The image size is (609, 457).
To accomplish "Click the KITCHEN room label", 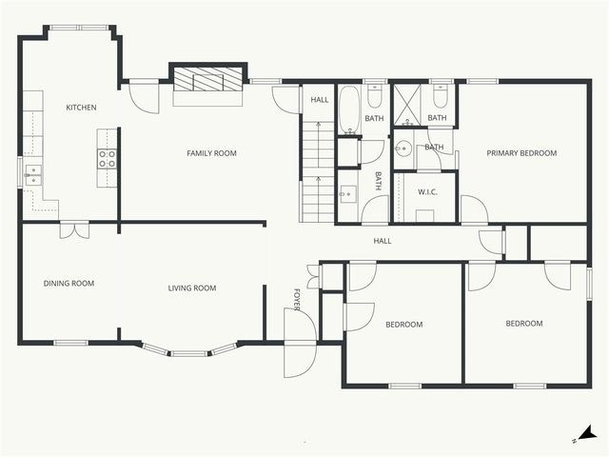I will coord(81,108).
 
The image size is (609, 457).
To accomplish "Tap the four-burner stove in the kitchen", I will coord(107,158).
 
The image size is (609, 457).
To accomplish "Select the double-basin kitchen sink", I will coord(32,173).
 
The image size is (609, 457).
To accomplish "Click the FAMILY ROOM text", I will coord(211,153).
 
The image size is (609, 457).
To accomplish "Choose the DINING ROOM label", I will coord(69,283).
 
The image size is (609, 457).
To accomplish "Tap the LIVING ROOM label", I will coord(192,288).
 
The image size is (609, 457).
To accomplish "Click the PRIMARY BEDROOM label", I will coord(521,153).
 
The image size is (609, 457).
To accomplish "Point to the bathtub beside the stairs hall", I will coord(348,109).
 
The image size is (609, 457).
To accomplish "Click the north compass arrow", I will coord(590,433).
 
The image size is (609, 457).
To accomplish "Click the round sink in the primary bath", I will coord(403,149).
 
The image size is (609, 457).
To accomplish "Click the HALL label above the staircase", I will coord(317,98).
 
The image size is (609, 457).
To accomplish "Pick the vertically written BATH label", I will coord(378,181).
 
